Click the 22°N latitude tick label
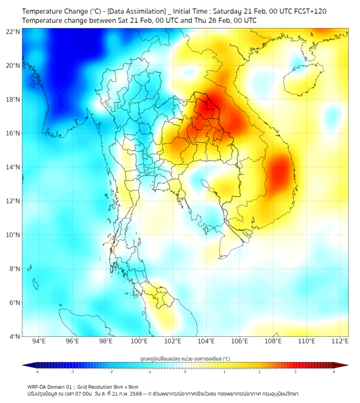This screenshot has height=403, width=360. (13, 31)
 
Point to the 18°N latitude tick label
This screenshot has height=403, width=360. (13, 99)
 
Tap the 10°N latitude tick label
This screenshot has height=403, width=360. (13, 235)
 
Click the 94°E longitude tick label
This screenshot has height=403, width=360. (39, 341)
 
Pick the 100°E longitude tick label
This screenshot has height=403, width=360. (140, 341)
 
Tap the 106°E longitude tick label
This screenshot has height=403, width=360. (240, 341)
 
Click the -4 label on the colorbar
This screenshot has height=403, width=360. (37, 372)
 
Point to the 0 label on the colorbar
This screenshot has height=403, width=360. (185, 372)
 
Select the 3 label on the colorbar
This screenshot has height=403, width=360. (296, 372)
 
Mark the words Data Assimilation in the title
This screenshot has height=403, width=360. (136, 11)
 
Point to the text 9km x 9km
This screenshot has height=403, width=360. (123, 386)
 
